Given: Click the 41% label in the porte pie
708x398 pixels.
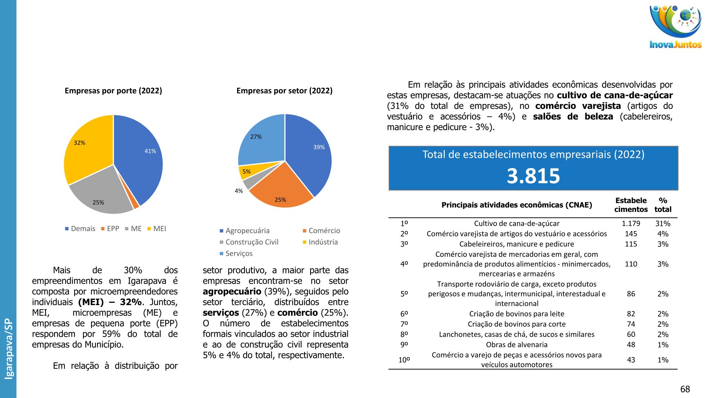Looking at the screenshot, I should pos(150,151).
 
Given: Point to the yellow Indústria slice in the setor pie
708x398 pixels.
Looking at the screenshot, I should pos(251,170).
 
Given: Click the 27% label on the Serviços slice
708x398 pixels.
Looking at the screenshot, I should pos(256,137).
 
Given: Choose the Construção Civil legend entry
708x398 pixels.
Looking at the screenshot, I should pos(252,242).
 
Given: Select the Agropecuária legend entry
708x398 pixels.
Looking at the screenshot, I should pos(247,231).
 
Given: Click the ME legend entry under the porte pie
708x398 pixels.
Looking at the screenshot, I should pos(136,229).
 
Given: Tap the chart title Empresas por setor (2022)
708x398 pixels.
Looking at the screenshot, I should pos(284,91).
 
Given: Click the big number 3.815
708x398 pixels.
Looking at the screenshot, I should pos(533,176).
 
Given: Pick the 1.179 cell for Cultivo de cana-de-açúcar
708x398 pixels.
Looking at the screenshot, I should pos(631,224).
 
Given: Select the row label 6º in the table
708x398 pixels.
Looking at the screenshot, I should pos(404,314).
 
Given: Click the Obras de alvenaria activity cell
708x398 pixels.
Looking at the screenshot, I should pos(516,345).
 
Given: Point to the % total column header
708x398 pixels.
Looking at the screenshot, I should pos(663,205).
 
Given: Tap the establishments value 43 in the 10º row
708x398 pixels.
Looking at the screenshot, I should pos(631,360).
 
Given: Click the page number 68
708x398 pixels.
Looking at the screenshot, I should pos(685,389).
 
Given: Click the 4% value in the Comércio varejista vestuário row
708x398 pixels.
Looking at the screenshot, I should pos(663,234).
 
